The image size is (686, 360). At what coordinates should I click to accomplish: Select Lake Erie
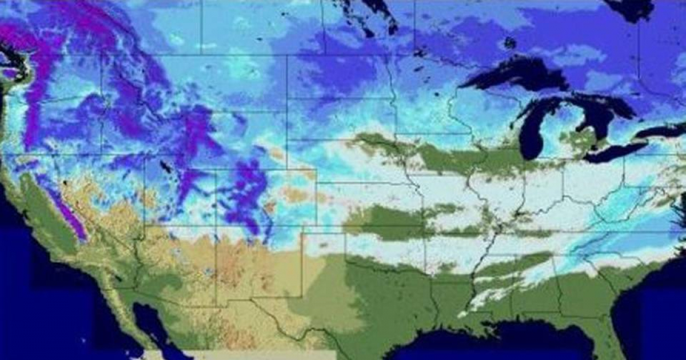[615, 151]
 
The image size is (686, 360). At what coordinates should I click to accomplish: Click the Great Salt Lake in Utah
[166, 167]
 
